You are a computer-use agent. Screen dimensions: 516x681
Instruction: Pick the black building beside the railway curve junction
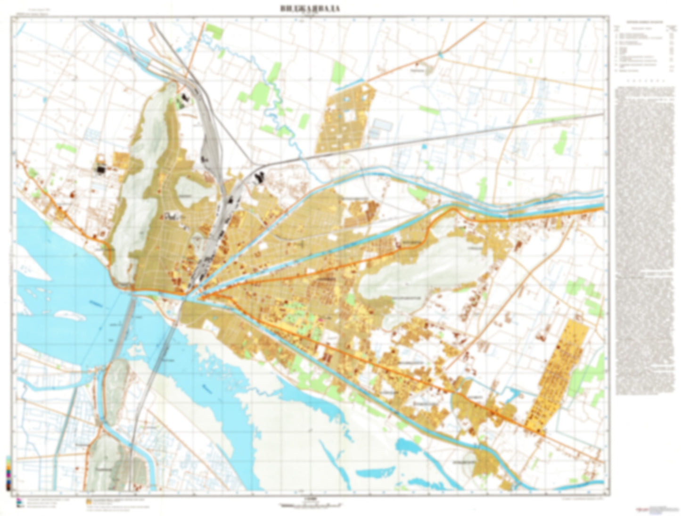259,178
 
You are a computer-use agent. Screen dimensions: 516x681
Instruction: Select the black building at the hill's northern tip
184,98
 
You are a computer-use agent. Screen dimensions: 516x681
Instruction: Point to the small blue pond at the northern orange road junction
440,55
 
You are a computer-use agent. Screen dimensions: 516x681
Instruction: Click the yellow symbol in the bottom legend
89,500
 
